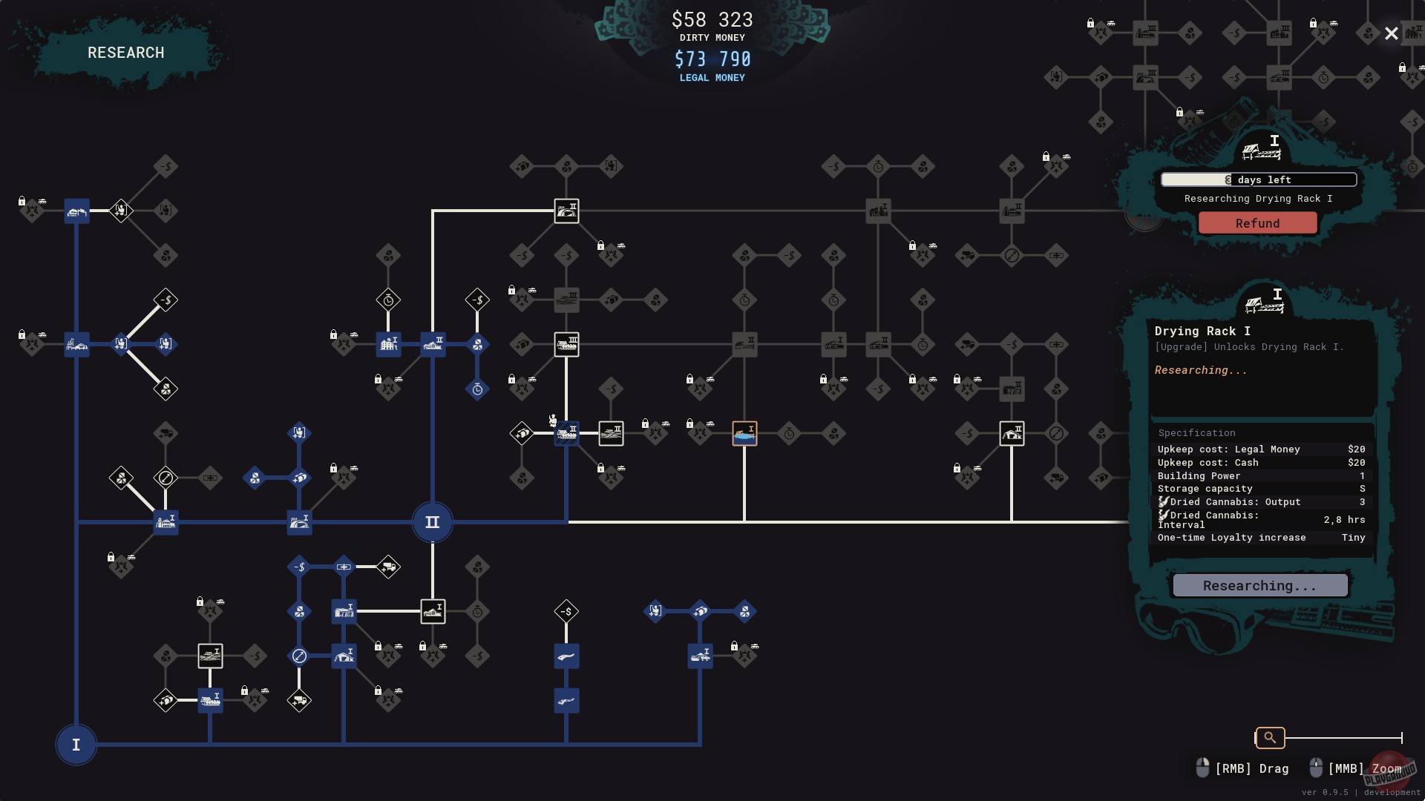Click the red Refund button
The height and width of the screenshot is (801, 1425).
point(1257,223)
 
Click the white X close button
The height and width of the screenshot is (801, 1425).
point(1391,33)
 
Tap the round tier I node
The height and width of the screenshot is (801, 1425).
point(76,745)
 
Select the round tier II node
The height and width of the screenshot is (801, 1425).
point(432,522)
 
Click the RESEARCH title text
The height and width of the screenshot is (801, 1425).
point(126,53)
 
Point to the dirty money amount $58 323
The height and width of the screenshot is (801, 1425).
point(712,19)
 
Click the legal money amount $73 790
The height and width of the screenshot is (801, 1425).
point(712,59)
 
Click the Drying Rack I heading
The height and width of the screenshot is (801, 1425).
point(1202,331)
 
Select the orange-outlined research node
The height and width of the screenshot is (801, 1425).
point(744,433)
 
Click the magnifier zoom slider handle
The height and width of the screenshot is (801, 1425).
point(1270,737)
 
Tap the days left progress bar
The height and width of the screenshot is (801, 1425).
point(1259,179)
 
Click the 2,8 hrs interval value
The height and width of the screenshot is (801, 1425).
point(1344,520)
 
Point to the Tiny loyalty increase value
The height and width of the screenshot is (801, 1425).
point(1353,538)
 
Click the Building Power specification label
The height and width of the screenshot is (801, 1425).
point(1199,476)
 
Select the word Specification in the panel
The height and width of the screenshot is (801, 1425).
point(1196,433)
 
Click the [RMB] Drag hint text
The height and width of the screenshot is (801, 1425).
point(1251,768)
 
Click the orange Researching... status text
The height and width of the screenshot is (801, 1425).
point(1200,370)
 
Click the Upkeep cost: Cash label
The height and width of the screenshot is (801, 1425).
point(1208,463)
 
